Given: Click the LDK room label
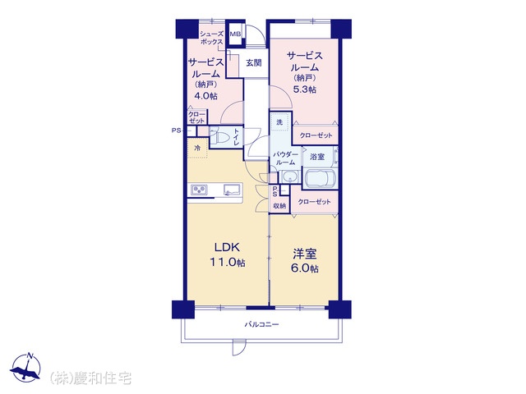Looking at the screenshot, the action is pos(227,248).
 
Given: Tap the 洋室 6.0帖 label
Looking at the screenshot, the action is pos(306,261).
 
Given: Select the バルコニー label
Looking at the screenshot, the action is pos(261,324).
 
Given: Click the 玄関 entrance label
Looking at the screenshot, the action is pos(254,62).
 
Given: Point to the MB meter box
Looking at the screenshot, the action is pos(235,34).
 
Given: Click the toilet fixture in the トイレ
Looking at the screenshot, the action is pos(219,138).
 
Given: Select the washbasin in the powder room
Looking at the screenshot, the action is pos(290,176).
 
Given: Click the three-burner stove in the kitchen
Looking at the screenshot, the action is pos(199,190).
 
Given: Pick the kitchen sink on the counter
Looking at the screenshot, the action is pos(232,190).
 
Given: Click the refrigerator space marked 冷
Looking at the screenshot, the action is pos(197,148).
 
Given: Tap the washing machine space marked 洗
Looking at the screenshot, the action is pos(279,122).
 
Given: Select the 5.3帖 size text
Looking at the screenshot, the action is pos(305,89).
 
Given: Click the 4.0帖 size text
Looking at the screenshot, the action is pos(205,96).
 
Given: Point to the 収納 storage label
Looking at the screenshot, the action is pos(279,206).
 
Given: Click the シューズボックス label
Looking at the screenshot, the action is pos(212,38).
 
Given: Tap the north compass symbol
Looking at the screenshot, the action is pos(25,367).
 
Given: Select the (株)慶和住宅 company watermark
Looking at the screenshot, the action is pos(90,378).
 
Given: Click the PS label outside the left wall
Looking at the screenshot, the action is pos(177,131).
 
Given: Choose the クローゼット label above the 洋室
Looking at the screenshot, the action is pos(314,202).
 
